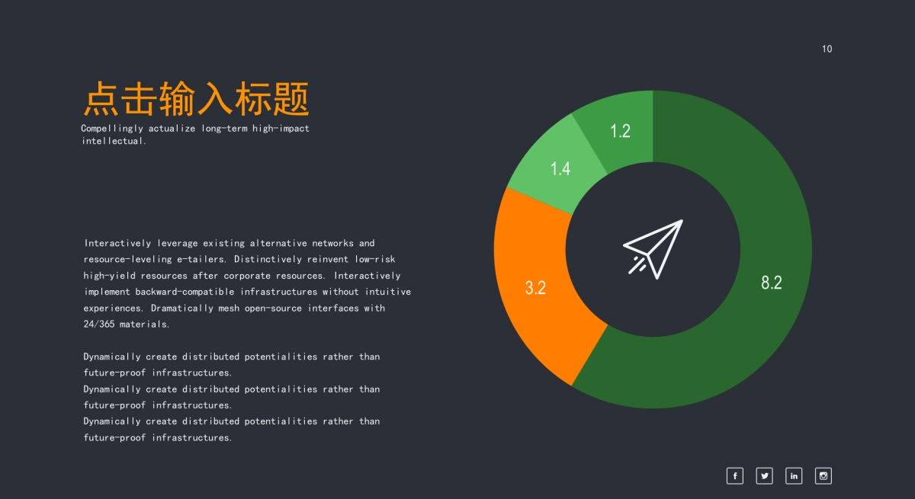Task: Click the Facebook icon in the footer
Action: point(734,476)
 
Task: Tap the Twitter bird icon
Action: point(764,476)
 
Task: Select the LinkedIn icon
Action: point(794,476)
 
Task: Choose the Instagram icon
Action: point(823,476)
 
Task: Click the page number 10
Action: point(827,49)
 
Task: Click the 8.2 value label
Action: point(772,283)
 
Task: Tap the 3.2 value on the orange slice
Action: point(535,288)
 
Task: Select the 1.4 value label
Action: point(560,169)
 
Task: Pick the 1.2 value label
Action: point(620,131)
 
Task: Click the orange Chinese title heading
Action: point(196,100)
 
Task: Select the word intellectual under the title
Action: point(113,141)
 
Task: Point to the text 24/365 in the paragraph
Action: point(99,325)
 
